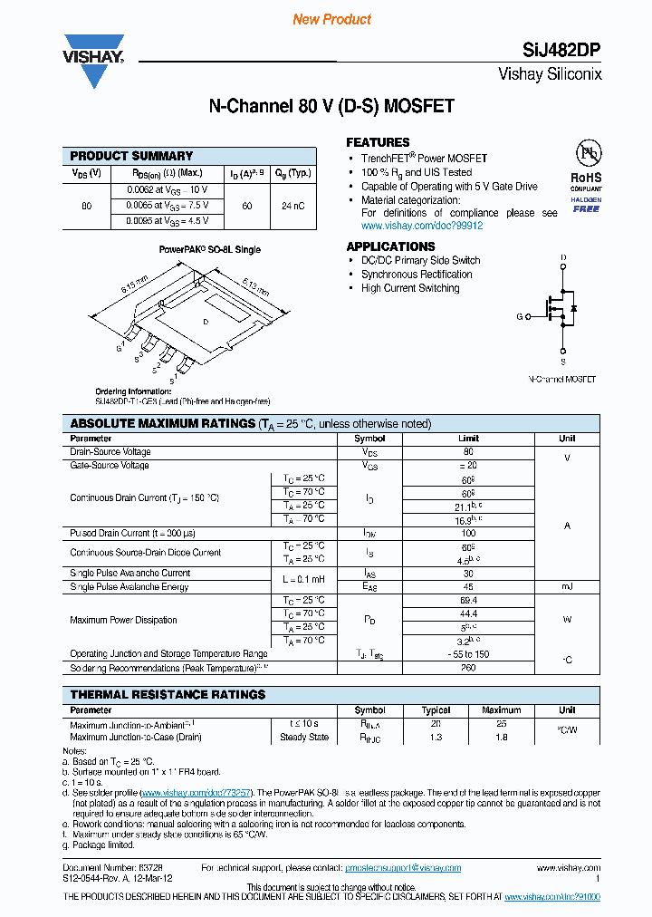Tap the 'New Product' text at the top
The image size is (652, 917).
click(x=331, y=19)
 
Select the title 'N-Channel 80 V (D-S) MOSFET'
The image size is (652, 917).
click(x=331, y=107)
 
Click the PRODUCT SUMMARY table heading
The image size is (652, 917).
click(x=131, y=156)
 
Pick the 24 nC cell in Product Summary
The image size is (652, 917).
click(x=292, y=206)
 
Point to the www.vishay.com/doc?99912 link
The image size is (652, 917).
click(x=422, y=226)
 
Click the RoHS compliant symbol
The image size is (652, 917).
click(x=586, y=163)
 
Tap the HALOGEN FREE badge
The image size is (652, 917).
click(x=586, y=204)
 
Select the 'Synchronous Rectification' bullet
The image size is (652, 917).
click(x=417, y=274)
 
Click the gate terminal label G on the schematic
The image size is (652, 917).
click(x=520, y=316)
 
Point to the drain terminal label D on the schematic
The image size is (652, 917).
click(x=563, y=259)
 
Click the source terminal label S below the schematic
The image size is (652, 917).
click(x=563, y=360)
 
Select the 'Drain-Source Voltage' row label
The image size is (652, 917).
click(x=110, y=451)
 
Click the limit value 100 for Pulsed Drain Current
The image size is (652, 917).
click(x=469, y=534)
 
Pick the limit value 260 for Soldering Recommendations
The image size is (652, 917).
click(x=469, y=668)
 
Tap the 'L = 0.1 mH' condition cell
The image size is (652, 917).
click(x=303, y=580)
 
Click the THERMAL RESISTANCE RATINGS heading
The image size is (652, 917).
click(x=168, y=694)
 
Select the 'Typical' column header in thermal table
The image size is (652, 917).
click(x=436, y=710)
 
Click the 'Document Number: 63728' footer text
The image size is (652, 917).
click(x=112, y=867)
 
